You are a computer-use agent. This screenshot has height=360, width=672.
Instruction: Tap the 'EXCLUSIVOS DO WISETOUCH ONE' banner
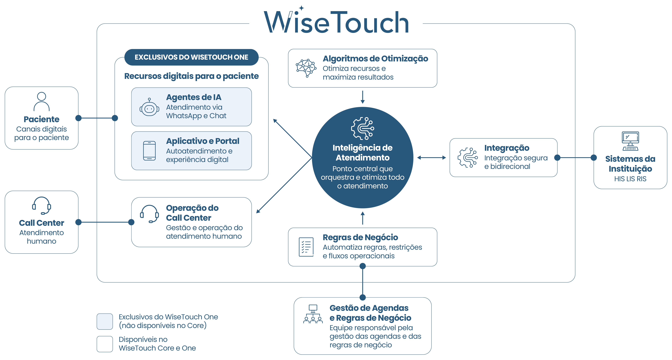[191, 57]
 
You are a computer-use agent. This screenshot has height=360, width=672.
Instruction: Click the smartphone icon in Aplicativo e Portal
[149, 151]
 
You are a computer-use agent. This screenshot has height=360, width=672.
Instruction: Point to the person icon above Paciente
[42, 102]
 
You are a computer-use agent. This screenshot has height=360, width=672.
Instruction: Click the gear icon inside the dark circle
[363, 128]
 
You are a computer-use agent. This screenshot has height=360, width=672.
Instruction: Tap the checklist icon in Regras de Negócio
[306, 247]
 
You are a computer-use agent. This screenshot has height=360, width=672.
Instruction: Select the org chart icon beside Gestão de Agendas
[313, 314]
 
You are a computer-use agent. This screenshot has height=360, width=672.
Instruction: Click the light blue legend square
[105, 321]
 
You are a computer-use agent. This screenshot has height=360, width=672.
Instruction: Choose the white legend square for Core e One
[105, 344]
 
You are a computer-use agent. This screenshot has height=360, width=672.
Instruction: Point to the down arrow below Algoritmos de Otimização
[363, 97]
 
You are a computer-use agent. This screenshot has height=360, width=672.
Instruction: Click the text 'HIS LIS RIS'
[630, 179]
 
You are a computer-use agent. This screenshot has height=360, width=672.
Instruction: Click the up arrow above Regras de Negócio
[363, 218]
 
